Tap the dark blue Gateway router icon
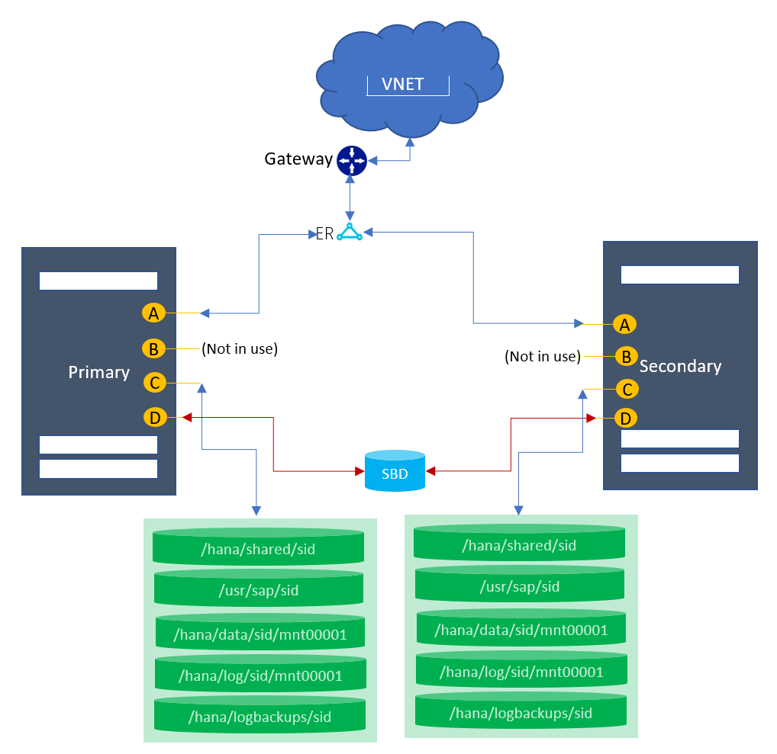(x=352, y=160)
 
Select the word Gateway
(x=298, y=159)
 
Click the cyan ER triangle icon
(x=350, y=233)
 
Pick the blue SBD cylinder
(x=395, y=471)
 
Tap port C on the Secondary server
(x=627, y=390)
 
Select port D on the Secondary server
(x=627, y=419)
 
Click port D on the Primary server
(x=155, y=417)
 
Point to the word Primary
(x=99, y=372)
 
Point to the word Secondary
(x=680, y=366)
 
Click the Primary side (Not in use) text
(x=240, y=349)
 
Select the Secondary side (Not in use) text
(x=543, y=356)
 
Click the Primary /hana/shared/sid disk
(x=259, y=548)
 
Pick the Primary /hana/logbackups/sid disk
(x=259, y=717)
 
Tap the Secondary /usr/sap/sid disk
(x=520, y=586)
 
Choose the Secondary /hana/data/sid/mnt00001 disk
(x=521, y=630)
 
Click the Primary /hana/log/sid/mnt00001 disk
(x=260, y=675)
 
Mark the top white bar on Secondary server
(x=680, y=274)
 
